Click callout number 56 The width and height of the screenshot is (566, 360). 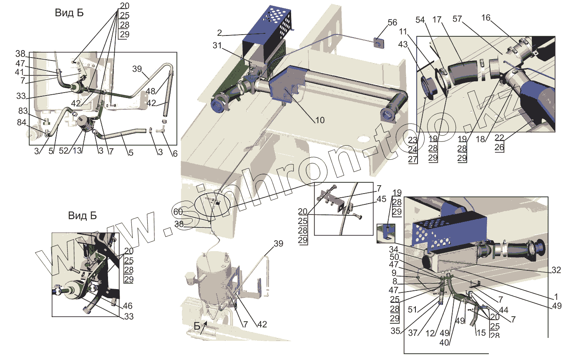point(392,23)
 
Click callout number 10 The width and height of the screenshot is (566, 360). point(319,120)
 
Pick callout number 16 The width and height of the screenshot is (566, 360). point(486,18)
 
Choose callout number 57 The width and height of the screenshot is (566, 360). point(458,19)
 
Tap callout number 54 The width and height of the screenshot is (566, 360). point(420,20)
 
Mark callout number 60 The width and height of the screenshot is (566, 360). point(178,212)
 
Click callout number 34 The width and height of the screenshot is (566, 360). point(394,249)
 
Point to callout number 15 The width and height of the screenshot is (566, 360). point(481,333)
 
